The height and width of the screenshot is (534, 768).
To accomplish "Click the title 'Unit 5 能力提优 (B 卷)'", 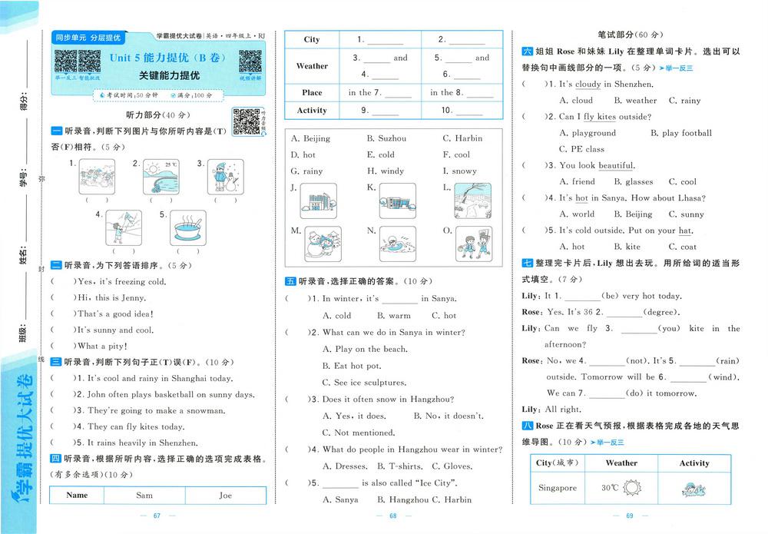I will tap(158, 57).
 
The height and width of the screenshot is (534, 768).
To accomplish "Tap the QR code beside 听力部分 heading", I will tap(246, 121).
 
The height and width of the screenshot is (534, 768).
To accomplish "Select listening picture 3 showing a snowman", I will tap(222, 178).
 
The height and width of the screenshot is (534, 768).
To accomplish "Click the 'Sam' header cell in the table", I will tap(144, 496).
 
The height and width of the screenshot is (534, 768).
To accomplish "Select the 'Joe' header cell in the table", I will tap(225, 496).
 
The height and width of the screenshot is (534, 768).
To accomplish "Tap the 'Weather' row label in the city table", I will tap(312, 66).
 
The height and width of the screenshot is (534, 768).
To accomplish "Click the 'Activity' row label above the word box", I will tap(312, 111).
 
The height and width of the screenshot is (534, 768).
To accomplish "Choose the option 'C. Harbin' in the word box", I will tap(462, 138).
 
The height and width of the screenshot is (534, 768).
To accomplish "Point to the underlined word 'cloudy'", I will tap(588, 85).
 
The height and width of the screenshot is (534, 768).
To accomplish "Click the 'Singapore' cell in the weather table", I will tap(557, 488).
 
